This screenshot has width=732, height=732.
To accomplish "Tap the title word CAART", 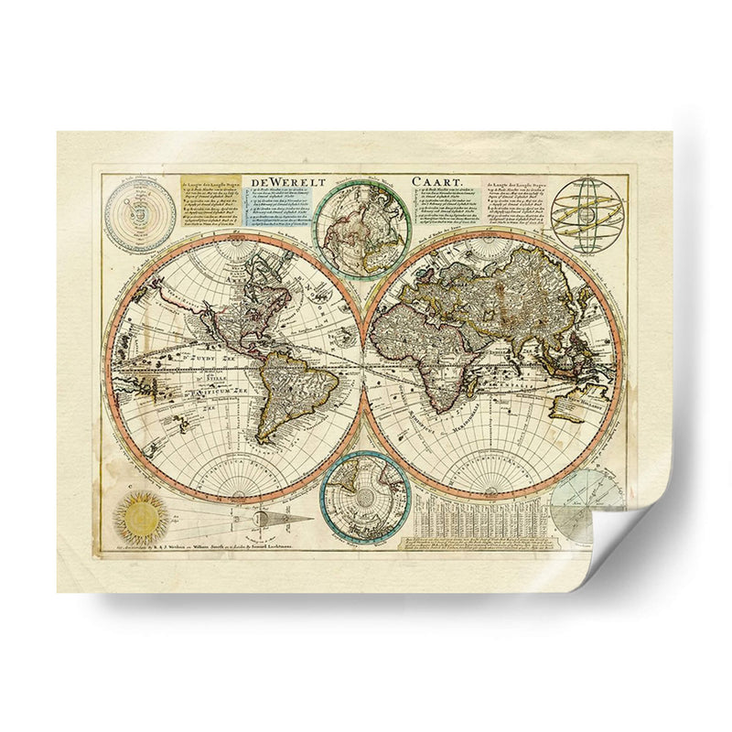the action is pyautogui.click(x=439, y=181).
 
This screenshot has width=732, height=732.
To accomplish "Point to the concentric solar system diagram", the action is pyautogui.click(x=140, y=214).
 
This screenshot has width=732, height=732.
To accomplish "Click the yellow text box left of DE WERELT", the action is pyautogui.click(x=210, y=200).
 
